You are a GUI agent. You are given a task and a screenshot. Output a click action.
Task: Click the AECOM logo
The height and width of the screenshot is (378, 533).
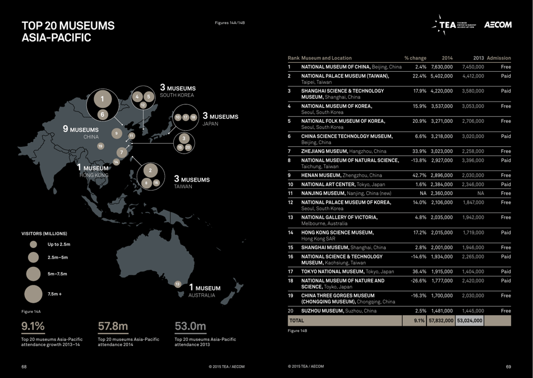point(498,25)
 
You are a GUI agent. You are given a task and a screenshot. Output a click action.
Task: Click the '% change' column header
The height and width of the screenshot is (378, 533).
point(415,58)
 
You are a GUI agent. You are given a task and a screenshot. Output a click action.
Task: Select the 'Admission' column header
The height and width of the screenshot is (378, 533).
point(499,58)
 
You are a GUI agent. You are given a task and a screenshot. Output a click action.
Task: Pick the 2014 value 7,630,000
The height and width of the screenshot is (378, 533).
point(442,67)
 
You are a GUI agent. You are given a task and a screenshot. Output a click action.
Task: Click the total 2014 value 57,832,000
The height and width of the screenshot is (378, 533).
point(441,321)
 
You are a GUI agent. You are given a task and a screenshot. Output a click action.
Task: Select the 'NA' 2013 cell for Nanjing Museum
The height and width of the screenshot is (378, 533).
point(480,193)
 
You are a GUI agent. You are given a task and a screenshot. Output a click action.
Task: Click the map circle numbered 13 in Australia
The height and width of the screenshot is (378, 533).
point(178,284)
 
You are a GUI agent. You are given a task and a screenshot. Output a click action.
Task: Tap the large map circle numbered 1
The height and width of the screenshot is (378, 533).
point(102,99)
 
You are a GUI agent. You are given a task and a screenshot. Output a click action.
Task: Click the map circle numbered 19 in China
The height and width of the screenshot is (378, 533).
point(101,146)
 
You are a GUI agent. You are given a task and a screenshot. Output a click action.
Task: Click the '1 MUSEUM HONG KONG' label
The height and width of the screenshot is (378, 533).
point(93,171)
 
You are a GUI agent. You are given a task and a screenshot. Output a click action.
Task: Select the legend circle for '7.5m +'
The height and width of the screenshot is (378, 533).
point(33,294)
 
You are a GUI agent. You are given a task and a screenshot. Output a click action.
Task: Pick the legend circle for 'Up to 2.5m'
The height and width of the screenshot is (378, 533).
point(33,245)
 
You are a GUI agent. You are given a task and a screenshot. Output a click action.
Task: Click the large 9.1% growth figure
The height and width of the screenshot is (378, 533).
point(33,326)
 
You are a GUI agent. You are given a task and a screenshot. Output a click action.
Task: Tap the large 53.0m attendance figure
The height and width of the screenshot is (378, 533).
point(190,326)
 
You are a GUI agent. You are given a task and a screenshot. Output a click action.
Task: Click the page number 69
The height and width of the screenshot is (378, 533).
point(508,367)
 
